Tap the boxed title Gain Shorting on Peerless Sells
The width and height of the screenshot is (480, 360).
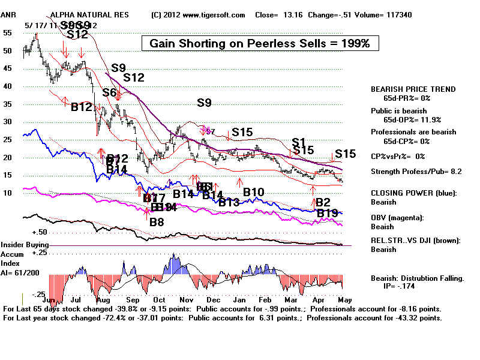259,43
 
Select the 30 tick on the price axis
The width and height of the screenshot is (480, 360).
8,122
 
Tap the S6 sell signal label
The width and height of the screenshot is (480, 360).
109,92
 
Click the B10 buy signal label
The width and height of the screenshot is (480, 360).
253,192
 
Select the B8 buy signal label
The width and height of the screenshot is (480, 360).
157,222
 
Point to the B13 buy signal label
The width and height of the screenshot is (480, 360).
229,203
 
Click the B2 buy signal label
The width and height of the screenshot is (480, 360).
323,202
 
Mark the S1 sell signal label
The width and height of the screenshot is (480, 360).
299,142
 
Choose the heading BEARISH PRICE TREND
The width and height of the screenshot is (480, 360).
413,89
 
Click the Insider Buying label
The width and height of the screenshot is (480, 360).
25,245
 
